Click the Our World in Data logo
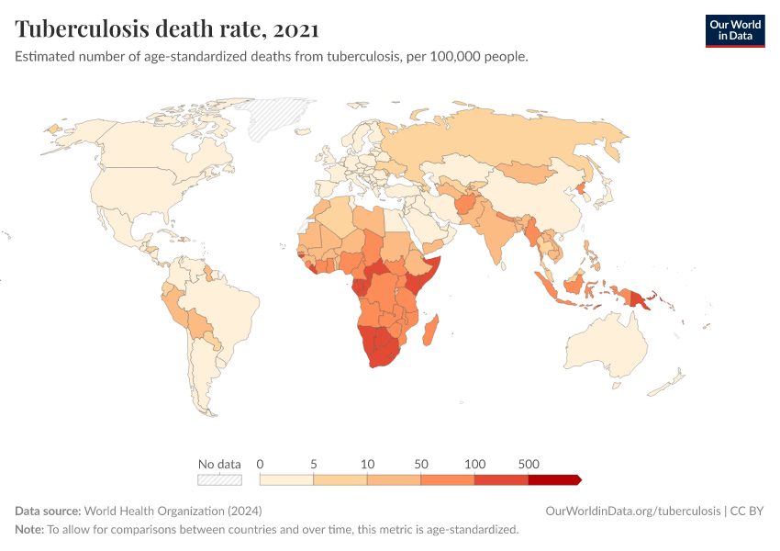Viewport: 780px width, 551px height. (734, 30)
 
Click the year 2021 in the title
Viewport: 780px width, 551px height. (295, 29)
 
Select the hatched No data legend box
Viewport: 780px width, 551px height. (219, 479)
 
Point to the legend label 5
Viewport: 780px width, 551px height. (314, 464)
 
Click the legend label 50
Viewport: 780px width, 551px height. (421, 464)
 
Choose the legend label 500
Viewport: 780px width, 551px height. (529, 464)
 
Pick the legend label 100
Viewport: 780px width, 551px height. (474, 464)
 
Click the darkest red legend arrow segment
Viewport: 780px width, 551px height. (554, 479)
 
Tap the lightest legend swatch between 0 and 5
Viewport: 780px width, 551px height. (286, 479)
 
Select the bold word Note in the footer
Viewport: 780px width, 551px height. (28, 529)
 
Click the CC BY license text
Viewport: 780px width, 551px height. (747, 511)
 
